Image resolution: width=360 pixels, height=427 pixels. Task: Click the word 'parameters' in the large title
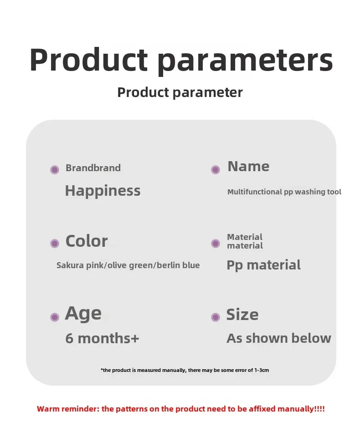click(x=245, y=61)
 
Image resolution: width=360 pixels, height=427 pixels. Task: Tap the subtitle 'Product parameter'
click(x=180, y=92)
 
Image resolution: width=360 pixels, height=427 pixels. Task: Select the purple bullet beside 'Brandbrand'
click(x=55, y=170)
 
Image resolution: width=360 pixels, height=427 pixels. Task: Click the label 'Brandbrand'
click(x=93, y=168)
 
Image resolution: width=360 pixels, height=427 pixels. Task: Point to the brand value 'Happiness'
click(x=103, y=191)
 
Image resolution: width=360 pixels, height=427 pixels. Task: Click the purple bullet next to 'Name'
click(x=216, y=170)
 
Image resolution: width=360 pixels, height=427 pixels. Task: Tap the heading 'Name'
click(x=248, y=167)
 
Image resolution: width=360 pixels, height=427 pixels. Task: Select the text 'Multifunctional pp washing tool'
click(x=284, y=192)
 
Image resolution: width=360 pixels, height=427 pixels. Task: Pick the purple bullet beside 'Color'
click(x=55, y=243)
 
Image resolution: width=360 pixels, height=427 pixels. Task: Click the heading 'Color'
click(x=87, y=241)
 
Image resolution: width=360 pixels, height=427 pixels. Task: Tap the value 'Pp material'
click(x=263, y=265)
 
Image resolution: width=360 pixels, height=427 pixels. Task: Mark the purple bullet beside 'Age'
click(x=55, y=317)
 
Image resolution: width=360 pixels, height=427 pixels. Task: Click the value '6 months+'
click(x=102, y=339)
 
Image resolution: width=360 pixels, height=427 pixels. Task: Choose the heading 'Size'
click(x=242, y=315)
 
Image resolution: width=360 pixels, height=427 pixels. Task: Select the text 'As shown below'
click(x=279, y=339)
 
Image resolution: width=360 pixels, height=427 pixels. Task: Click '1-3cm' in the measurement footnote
click(x=262, y=370)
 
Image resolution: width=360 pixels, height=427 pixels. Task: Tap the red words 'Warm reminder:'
click(x=68, y=409)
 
